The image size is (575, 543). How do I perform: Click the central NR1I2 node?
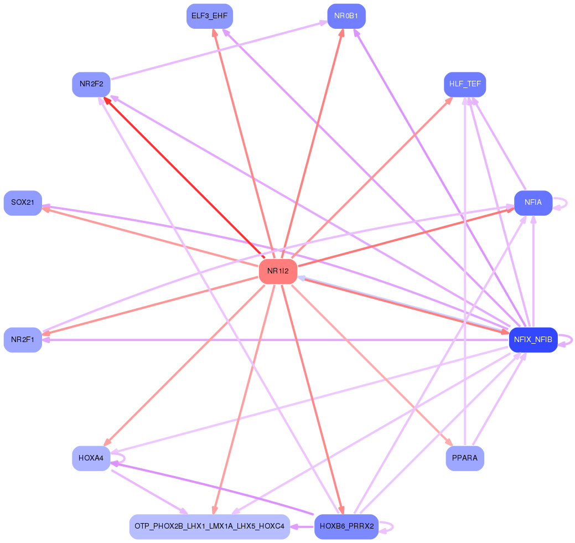coord(278,271)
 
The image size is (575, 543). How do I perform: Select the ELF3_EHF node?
coord(209,16)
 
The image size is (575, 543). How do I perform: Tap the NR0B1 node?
coord(346,16)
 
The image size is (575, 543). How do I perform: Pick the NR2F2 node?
coord(91,84)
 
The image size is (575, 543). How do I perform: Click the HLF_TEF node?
coord(465,84)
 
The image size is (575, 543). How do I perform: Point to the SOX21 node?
coord(23,203)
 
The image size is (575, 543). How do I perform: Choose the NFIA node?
coord(533,203)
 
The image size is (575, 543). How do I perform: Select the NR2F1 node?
coord(23,339)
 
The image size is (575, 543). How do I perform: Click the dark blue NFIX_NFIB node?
coord(533,339)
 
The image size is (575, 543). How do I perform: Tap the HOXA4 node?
coord(91,458)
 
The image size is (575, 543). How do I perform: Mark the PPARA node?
coord(465,458)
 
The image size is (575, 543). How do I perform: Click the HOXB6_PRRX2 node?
coord(346,526)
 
